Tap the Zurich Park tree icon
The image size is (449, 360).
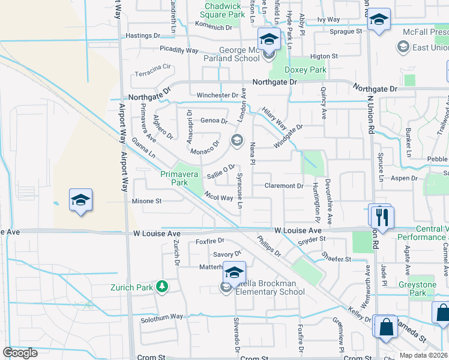(161, 287)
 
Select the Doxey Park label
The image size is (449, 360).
(309, 70)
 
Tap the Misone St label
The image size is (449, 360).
(147, 202)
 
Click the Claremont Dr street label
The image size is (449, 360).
(284, 186)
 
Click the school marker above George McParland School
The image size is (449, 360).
(268, 40)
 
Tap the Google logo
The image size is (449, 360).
(20, 353)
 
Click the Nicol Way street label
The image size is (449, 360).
(218, 197)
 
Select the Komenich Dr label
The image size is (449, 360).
(213, 27)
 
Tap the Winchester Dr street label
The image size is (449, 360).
(217, 95)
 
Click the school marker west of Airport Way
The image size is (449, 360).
(80, 200)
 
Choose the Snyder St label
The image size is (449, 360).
(312, 239)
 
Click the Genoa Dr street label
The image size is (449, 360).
(214, 121)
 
